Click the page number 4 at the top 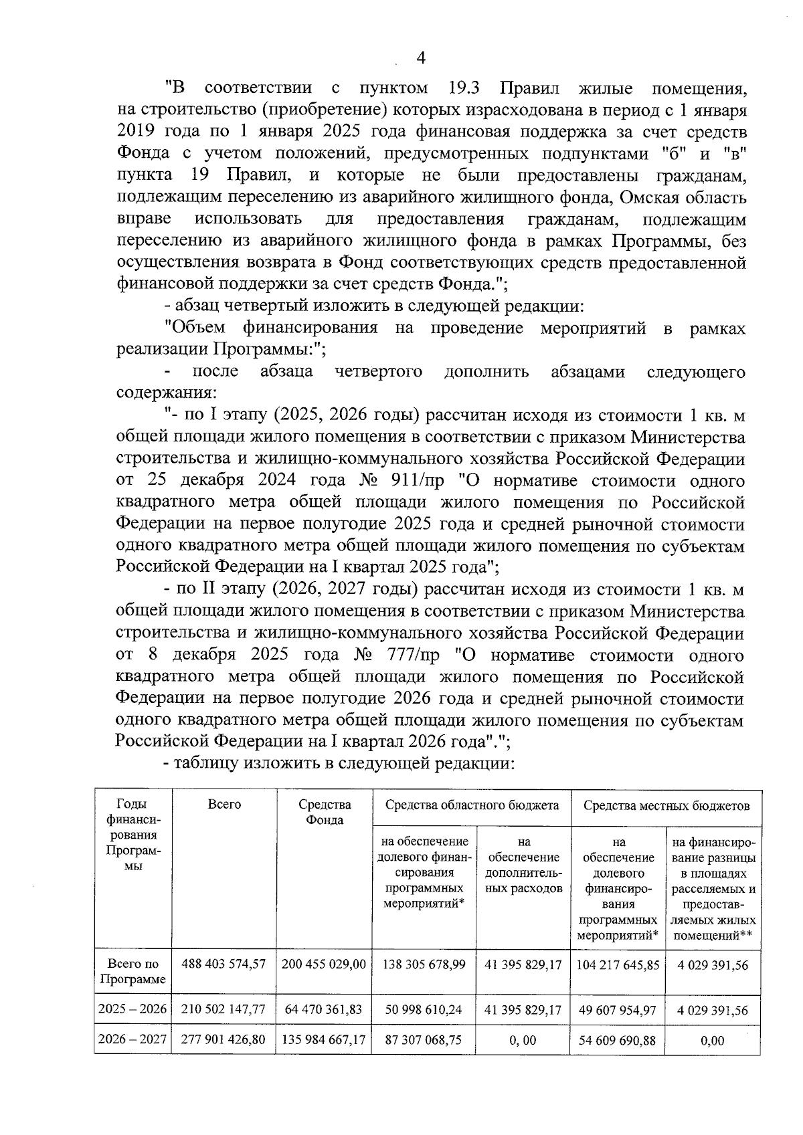point(421,59)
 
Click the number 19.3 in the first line point(462,88)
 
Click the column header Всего point(224,805)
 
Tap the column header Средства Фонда point(325,812)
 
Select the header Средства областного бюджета point(472,805)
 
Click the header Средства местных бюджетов point(666,805)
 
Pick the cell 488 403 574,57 point(224,964)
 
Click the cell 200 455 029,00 point(324,964)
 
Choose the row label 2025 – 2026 point(132,1009)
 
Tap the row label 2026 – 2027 point(132,1040)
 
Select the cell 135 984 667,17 point(324,1040)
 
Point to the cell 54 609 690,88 point(617,1041)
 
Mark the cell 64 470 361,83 point(324,1009)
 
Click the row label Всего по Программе point(132,972)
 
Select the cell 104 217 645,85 point(617,964)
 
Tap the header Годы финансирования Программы point(132,835)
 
